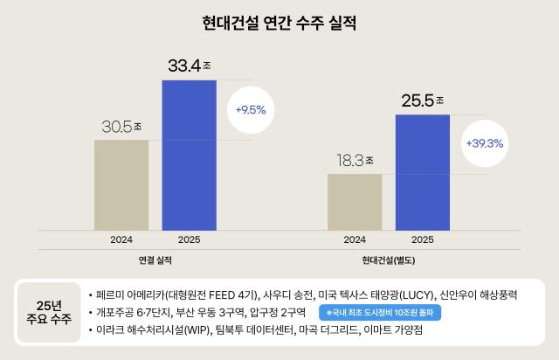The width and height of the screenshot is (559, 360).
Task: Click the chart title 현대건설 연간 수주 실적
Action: coord(279,22)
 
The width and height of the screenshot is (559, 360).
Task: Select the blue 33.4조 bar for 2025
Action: coord(189,154)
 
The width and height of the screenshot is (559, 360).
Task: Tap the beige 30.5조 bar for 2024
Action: coord(121,183)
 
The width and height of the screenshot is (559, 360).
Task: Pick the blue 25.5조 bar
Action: coord(423,171)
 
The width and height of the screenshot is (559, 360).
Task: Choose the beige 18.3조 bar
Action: coord(355,201)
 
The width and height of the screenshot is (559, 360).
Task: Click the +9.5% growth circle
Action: coord(251,111)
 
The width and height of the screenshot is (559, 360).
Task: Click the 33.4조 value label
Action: coord(190,66)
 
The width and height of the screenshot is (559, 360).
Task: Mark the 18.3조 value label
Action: coord(355,160)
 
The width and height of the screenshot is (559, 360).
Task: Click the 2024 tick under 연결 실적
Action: coord(121,239)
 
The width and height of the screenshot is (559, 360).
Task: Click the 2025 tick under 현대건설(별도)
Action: coord(423,239)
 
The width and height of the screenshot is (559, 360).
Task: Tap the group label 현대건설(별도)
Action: coord(389,260)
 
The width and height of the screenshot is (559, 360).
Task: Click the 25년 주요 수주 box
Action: coord(49,312)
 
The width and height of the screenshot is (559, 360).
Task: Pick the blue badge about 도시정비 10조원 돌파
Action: coord(379,312)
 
